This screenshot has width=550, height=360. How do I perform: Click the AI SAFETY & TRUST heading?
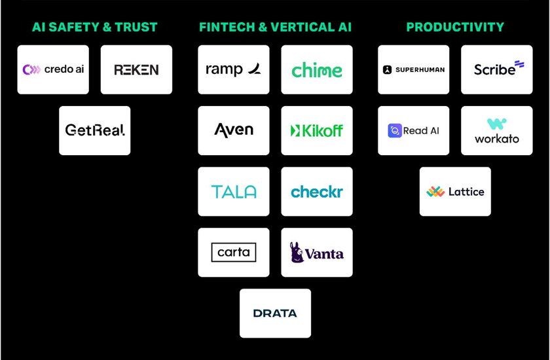point(95,27)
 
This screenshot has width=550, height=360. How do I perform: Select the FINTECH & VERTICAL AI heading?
point(275,27)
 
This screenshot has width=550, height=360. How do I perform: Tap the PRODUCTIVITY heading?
point(455,27)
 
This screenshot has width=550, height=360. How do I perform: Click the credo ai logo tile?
point(53,69)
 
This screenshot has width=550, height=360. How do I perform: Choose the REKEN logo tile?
point(136,69)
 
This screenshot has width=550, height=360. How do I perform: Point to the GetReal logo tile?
point(95,130)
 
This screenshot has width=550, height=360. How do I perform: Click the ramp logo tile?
point(234,69)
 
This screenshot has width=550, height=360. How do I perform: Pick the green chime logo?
point(317,70)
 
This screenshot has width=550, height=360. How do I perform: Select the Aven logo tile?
point(234,130)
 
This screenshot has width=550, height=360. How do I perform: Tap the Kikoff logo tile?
point(317,130)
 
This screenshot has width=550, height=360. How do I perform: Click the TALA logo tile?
point(234,191)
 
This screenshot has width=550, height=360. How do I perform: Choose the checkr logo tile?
point(317,192)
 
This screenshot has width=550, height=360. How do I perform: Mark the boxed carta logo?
point(234,252)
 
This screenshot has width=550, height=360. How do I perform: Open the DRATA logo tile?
point(275,313)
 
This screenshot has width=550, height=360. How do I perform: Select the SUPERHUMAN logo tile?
point(414,69)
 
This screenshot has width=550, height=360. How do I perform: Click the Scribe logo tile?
point(497,69)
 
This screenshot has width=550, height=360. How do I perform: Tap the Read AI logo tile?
point(414,130)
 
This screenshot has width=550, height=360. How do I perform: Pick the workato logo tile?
point(497,130)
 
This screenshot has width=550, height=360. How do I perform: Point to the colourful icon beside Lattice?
point(435,192)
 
